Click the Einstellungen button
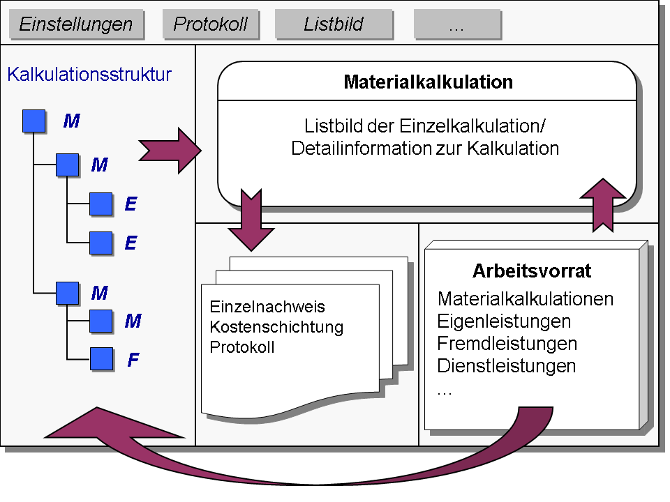pos(76,24)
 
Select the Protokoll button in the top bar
pos(210,24)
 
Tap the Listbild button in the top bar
pos(334,24)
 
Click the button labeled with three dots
pos(456,24)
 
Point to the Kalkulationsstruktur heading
pos(89,75)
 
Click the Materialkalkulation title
pos(428,82)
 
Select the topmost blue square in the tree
pos(33,121)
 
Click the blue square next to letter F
pos(101,358)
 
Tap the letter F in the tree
pos(133,360)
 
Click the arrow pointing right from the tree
pos(170,151)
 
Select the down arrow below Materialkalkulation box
pos(251,220)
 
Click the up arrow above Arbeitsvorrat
pos(603,205)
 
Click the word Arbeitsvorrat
pos(532,271)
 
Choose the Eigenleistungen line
pos(504,321)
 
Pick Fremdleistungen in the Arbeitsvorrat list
pos(507,344)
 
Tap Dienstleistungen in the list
pos(507,366)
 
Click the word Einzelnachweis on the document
pos(267,307)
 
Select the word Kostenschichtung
pos(276,328)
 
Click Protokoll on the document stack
pos(242,347)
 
